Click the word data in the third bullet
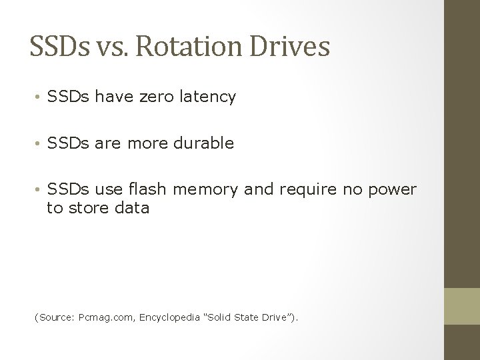(x=132, y=208)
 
